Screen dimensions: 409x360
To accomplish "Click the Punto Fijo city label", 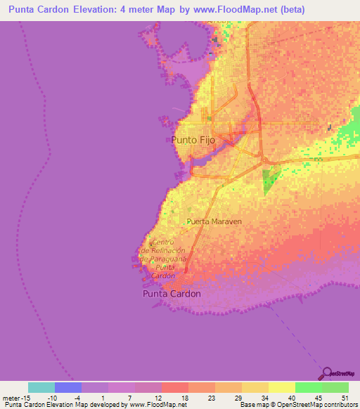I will pyautogui.click(x=193, y=140).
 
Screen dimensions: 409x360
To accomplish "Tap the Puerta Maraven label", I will pyautogui.click(x=214, y=221).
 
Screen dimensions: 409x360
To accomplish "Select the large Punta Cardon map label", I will pyautogui.click(x=172, y=294).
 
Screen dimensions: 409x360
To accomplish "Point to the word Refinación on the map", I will pyautogui.click(x=165, y=250).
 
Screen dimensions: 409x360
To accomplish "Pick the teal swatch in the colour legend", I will pyautogui.click(x=41, y=387).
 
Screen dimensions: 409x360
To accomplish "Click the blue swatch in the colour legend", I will pyautogui.click(x=67, y=387).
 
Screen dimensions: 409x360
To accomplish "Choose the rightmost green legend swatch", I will pyautogui.click(x=335, y=387).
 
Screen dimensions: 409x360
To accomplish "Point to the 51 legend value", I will pyautogui.click(x=344, y=397).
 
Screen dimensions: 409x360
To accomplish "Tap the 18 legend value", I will pyautogui.click(x=184, y=397).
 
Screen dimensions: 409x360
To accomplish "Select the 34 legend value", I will pyautogui.click(x=264, y=397).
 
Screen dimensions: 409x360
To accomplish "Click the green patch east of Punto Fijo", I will pyautogui.click(x=269, y=181).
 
